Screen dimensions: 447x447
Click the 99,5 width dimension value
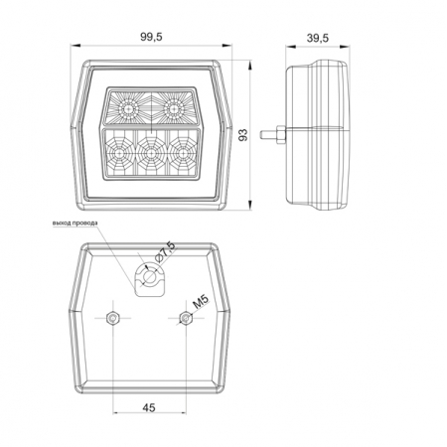(x=151, y=37)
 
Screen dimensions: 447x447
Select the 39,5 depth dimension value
(x=318, y=38)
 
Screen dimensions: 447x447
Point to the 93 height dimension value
(x=243, y=135)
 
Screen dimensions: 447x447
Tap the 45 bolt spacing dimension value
(x=149, y=407)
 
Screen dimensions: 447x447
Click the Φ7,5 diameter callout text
(x=165, y=252)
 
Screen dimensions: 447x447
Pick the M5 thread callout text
(x=201, y=302)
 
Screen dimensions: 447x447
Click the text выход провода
(x=75, y=223)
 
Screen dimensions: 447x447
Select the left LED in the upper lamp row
(x=128, y=108)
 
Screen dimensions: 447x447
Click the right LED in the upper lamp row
(x=173, y=108)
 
